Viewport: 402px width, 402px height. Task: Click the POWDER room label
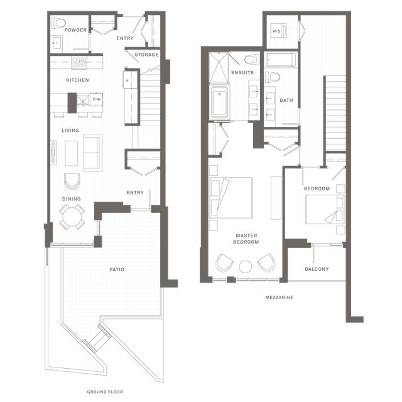(x=75, y=30)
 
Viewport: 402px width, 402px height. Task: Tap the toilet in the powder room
(x=58, y=23)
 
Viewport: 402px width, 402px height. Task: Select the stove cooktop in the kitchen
(x=79, y=62)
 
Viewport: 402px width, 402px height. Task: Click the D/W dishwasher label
(x=97, y=99)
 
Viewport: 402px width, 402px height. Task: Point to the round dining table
(x=72, y=217)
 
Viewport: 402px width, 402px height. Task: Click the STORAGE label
(x=146, y=55)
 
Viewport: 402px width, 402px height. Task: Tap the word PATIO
(x=117, y=269)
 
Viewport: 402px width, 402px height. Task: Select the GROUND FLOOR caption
(x=105, y=392)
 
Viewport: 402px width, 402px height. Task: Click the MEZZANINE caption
(x=279, y=297)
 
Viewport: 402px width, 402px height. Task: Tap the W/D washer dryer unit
(x=278, y=31)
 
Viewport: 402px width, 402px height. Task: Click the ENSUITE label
(x=242, y=73)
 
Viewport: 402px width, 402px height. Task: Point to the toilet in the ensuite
(x=252, y=60)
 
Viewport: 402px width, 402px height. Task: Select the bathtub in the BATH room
(x=281, y=60)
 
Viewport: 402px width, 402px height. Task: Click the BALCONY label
(x=317, y=269)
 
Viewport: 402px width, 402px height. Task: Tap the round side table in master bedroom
(x=246, y=266)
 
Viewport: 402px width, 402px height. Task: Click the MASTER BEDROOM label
(x=246, y=239)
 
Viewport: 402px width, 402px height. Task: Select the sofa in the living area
(x=93, y=153)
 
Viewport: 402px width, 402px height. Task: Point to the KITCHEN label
(x=77, y=80)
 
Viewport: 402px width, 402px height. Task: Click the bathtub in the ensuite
(x=220, y=102)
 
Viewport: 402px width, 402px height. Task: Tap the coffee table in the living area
(x=71, y=153)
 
